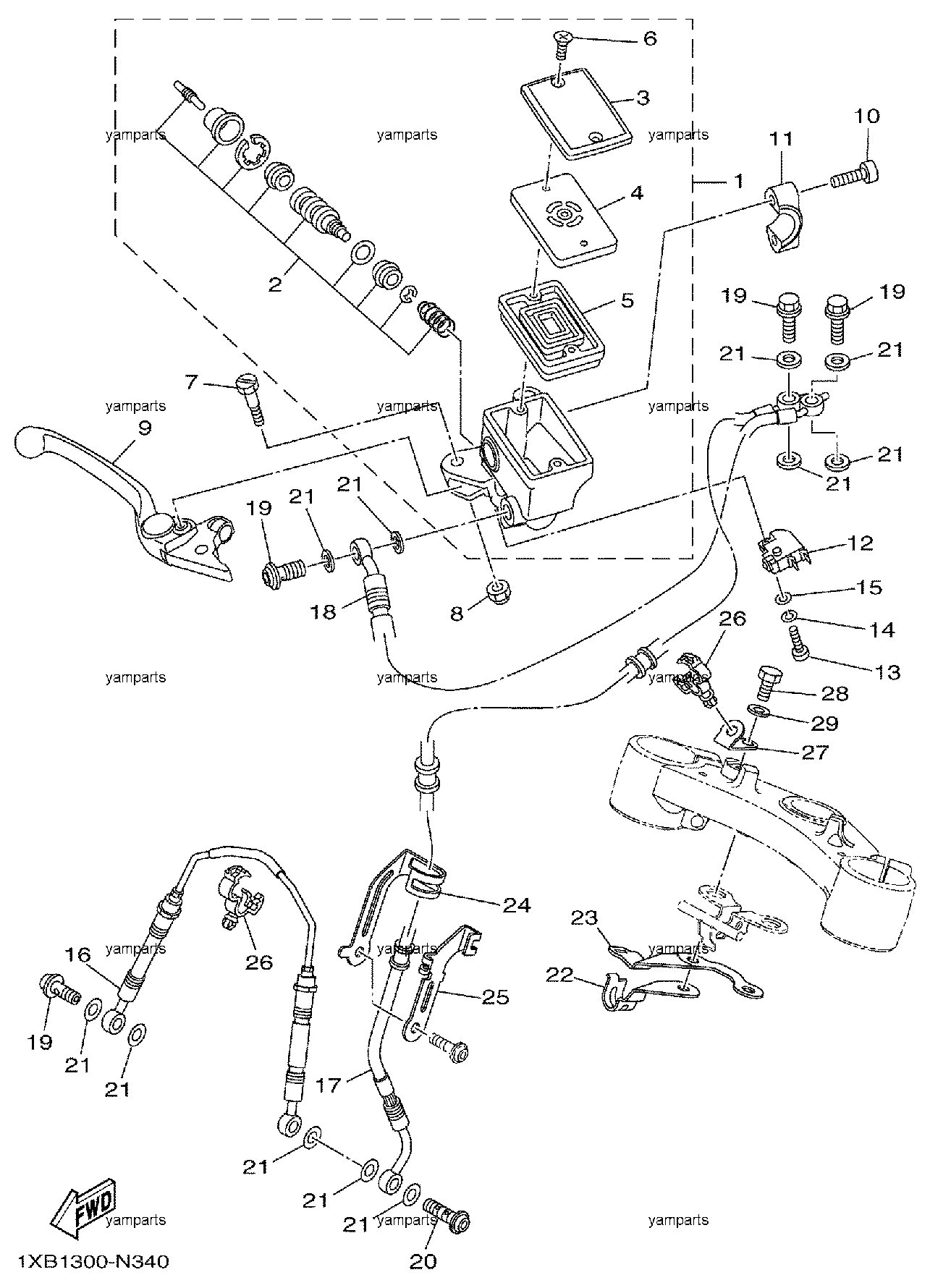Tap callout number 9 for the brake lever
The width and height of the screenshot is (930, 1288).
point(145,428)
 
